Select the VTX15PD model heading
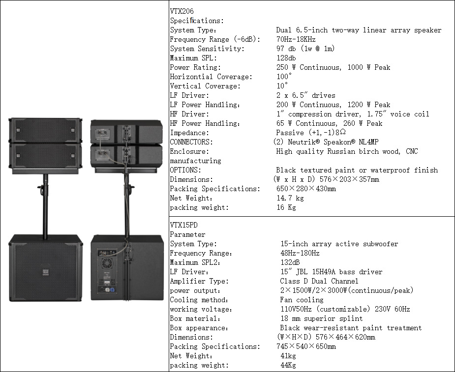[181, 225]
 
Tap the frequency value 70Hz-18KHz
[296, 39]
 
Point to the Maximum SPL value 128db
[286, 58]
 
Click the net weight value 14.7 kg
[290, 198]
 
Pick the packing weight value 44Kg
[288, 365]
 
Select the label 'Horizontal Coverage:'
[211, 77]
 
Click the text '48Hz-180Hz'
[300, 253]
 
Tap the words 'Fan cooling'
[302, 300]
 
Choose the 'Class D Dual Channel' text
[319, 281]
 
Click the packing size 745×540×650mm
[306, 346]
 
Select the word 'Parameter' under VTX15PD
[187, 234]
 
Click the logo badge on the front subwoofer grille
[44, 271]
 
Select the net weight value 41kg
[288, 356]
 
